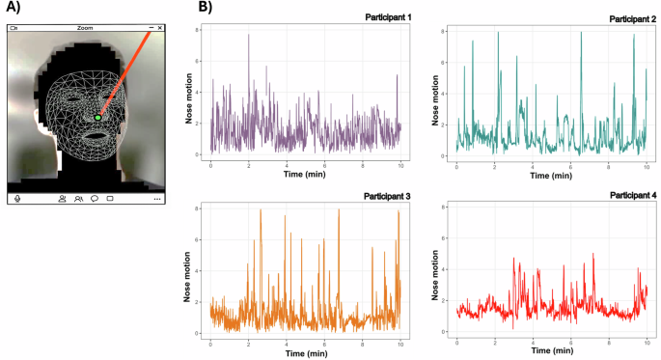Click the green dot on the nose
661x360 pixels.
98,117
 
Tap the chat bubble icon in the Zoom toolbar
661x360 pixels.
95,198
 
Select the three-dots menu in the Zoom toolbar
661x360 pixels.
157,199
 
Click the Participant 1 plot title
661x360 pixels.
385,17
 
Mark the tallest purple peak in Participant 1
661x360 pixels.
248,36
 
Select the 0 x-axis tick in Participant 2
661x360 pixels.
456,164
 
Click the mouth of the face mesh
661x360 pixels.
95,135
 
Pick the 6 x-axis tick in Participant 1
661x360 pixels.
323,164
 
